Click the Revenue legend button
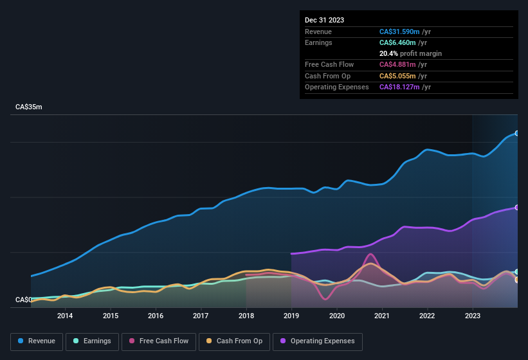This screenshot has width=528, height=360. [37, 341]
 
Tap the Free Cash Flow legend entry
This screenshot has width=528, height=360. [159, 341]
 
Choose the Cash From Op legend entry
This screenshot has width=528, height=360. [233, 341]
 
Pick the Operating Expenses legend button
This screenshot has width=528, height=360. [317, 341]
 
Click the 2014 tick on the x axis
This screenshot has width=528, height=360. [65, 316]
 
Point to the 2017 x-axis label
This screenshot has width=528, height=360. [201, 316]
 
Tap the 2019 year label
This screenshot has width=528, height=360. [291, 316]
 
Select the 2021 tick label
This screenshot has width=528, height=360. [382, 316]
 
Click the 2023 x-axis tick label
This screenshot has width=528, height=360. [473, 316]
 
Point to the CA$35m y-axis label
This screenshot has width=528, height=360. [29, 107]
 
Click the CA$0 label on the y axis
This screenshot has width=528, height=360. [24, 300]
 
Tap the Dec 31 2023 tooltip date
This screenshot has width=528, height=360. [324, 20]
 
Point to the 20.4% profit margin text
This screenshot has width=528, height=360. [410, 53]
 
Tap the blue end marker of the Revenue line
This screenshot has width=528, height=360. [517, 134]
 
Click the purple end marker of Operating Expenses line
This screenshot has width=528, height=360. [517, 208]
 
